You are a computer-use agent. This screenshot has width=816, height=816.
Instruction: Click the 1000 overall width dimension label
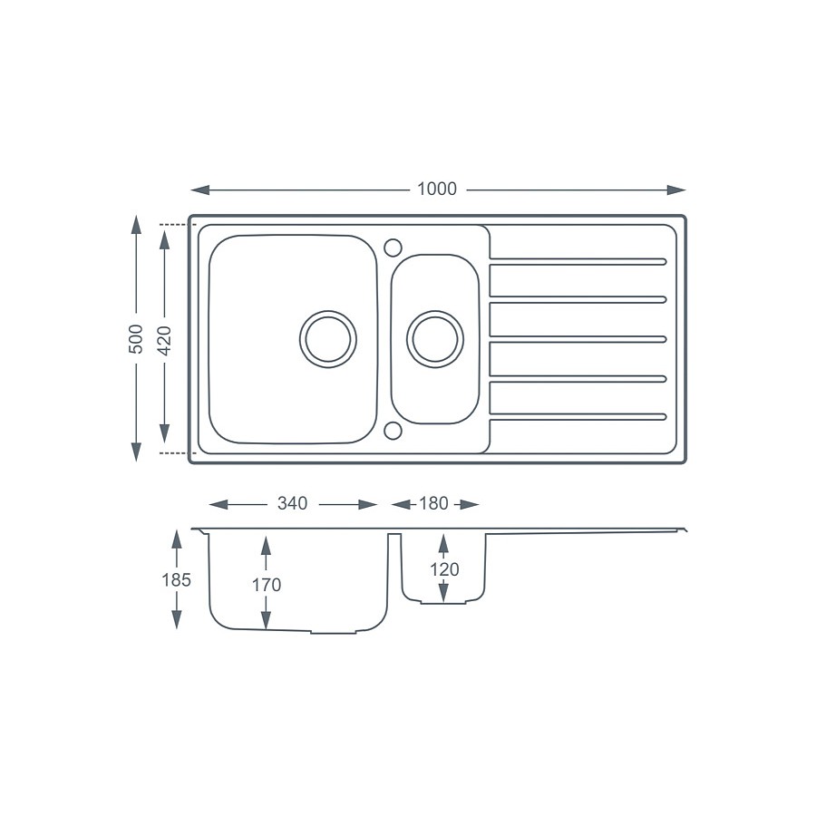click(x=437, y=189)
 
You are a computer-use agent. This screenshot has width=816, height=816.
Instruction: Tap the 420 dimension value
click(x=164, y=338)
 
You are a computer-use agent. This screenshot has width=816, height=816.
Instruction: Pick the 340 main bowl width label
click(x=292, y=504)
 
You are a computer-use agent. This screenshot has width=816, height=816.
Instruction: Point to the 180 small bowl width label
click(x=433, y=504)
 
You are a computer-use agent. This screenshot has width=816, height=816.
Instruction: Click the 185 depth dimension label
click(x=176, y=580)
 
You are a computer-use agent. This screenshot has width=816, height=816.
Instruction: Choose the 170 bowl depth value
click(x=266, y=585)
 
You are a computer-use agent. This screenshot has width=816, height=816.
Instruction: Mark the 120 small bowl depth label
click(x=443, y=569)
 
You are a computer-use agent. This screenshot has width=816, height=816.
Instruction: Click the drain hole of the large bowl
click(x=328, y=339)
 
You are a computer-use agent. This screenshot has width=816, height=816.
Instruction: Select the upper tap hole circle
click(x=393, y=247)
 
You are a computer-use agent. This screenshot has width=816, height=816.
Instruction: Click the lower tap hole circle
click(x=393, y=430)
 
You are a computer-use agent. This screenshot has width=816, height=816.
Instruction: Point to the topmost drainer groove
click(x=578, y=262)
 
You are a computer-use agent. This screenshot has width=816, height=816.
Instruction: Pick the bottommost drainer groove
click(x=578, y=417)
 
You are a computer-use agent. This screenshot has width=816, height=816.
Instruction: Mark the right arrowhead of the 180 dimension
click(x=470, y=504)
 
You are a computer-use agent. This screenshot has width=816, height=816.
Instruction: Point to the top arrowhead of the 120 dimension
click(x=443, y=542)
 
